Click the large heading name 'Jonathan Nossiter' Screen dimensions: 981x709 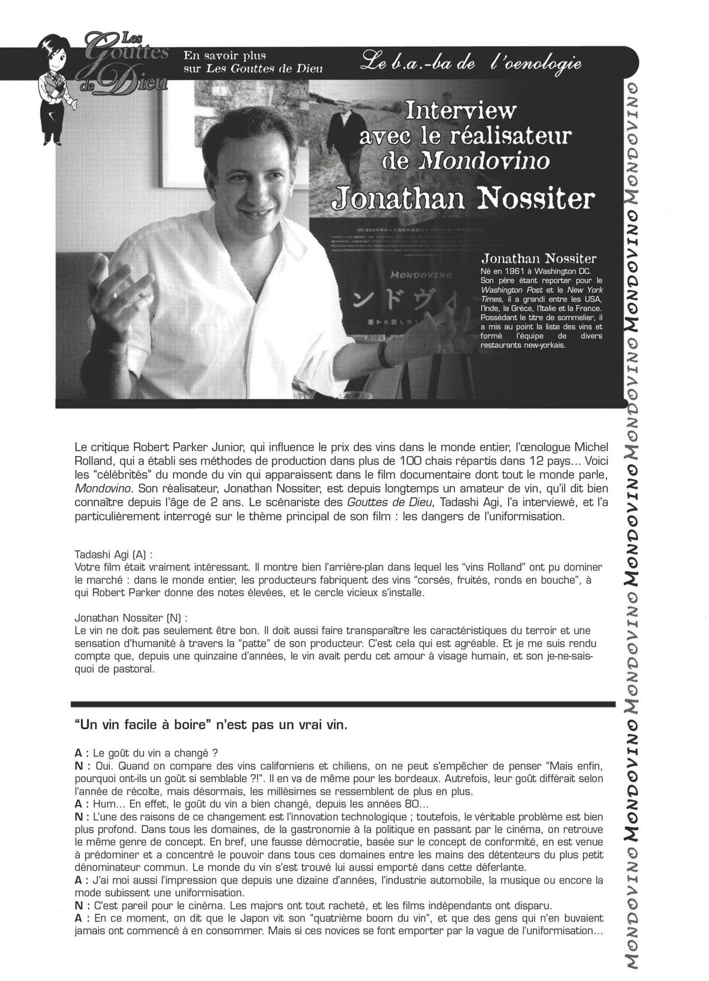463,199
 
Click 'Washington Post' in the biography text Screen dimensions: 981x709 510,290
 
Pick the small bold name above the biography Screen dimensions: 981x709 539,259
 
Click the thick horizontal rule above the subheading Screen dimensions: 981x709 343,703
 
